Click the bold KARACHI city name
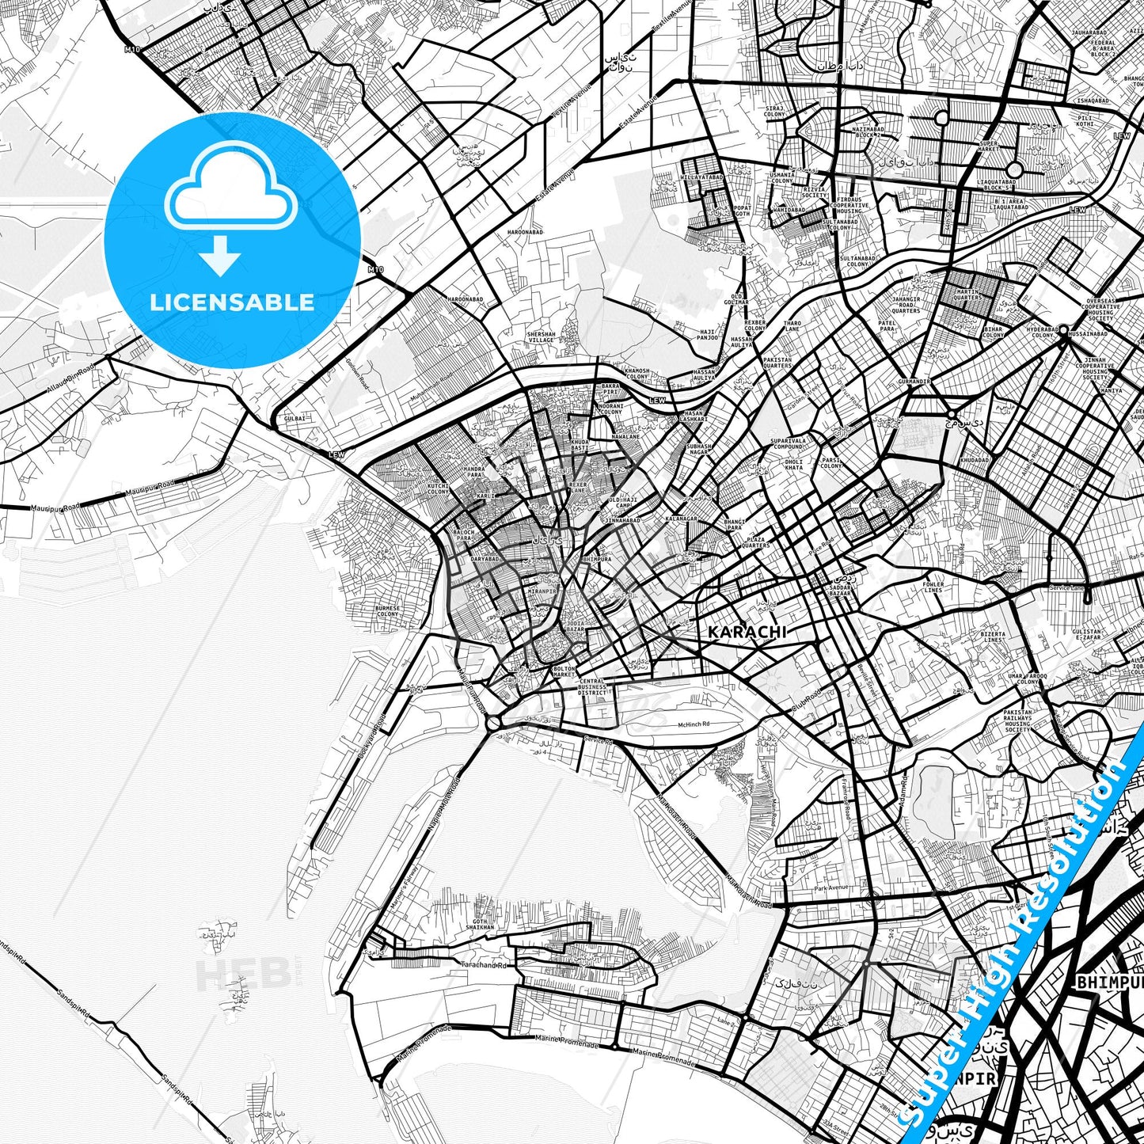(747, 632)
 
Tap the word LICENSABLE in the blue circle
(232, 302)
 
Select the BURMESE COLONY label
(388, 610)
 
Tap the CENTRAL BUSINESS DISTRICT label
(591, 686)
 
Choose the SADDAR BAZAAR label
(841, 591)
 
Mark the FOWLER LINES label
(933, 587)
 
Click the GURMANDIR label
(914, 381)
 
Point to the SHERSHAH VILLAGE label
(542, 336)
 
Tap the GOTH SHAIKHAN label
(484, 924)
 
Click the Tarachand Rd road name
(485, 965)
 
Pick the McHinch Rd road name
(694, 724)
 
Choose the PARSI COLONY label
(830, 463)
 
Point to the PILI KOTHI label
(1085, 120)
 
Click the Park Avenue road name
(831, 887)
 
